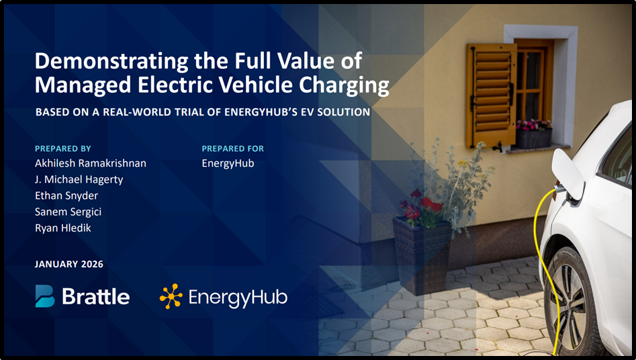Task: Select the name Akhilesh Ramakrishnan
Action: pyautogui.click(x=90, y=163)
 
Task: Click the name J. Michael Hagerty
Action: pyautogui.click(x=79, y=179)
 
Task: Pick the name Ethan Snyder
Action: pyautogui.click(x=66, y=195)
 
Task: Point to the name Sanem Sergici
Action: pyautogui.click(x=68, y=212)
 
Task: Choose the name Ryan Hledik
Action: pyautogui.click(x=64, y=228)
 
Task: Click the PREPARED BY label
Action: pyautogui.click(x=62, y=148)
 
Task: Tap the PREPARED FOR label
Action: pyautogui.click(x=232, y=148)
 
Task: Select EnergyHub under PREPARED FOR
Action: pyautogui.click(x=228, y=163)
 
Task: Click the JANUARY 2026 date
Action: pyautogui.click(x=69, y=264)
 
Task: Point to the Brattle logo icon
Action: pyautogui.click(x=45, y=296)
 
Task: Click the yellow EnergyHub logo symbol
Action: pyautogui.click(x=171, y=296)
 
